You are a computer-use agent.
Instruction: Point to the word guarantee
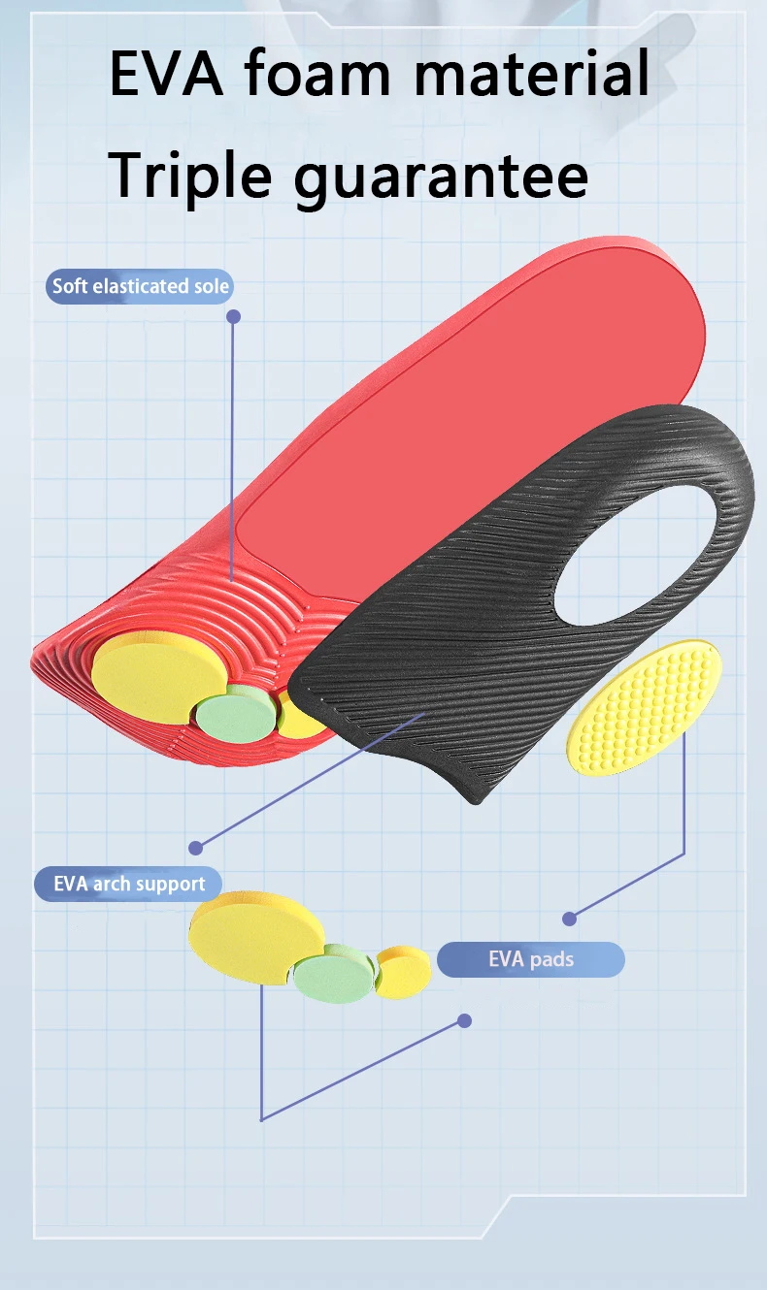click(441, 178)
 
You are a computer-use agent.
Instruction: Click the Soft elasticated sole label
click(141, 286)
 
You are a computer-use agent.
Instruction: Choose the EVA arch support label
click(129, 884)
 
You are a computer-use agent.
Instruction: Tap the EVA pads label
click(530, 959)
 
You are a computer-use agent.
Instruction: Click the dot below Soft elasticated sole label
click(233, 316)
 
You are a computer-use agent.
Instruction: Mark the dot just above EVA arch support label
click(196, 847)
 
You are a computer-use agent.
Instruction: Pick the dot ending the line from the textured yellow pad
click(570, 918)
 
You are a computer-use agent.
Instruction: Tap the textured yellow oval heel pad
click(644, 706)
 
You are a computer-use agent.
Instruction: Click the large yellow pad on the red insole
click(150, 679)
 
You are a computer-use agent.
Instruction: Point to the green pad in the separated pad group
click(335, 974)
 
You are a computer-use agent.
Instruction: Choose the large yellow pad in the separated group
click(254, 937)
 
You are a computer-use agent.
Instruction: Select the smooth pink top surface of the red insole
click(466, 436)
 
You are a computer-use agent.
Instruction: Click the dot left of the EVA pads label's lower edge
click(464, 1020)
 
